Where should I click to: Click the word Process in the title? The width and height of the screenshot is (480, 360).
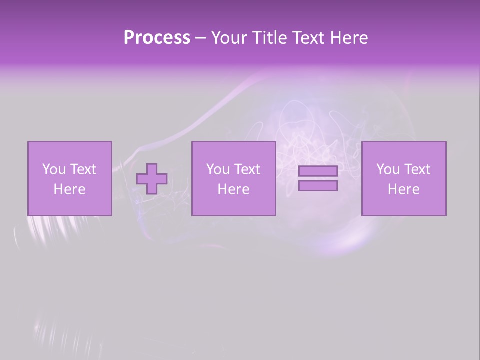tap(157, 38)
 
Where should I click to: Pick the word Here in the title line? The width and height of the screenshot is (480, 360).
tap(349, 38)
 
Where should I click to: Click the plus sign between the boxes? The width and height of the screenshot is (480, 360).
tap(152, 179)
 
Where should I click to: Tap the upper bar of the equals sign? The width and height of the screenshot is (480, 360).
tap(318, 171)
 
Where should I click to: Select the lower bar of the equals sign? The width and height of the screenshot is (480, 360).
tap(318, 186)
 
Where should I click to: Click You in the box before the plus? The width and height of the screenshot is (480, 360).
tap(53, 169)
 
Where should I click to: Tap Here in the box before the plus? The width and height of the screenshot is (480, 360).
tap(69, 189)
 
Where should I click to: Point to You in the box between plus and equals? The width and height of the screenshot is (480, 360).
tap(217, 169)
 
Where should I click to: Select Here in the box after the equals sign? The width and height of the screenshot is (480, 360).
tap(403, 189)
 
